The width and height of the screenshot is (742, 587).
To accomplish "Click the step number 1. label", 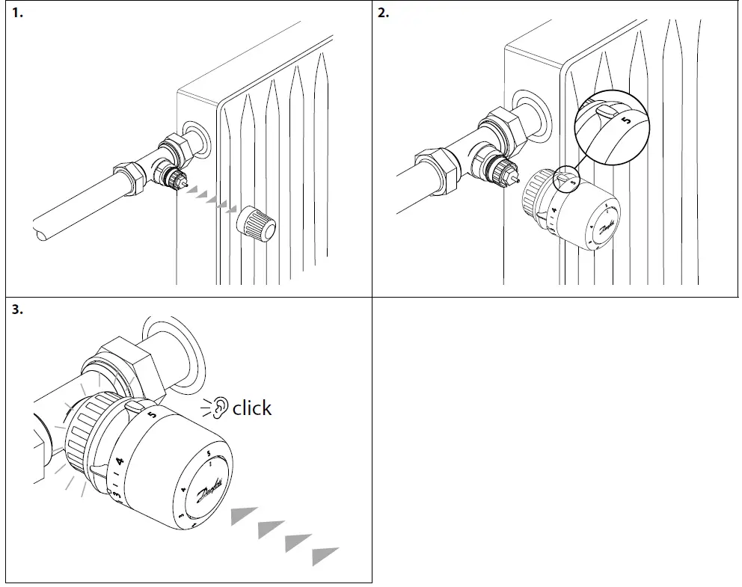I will tap(17, 13).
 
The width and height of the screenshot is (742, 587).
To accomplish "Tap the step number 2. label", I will tap(384, 13).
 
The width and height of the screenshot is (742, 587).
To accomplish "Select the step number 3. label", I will tap(17, 310).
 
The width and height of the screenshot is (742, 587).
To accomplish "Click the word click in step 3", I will tap(252, 408).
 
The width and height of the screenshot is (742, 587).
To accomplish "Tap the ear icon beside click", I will tap(218, 408).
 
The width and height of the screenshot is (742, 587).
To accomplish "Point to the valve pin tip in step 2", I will tap(517, 180).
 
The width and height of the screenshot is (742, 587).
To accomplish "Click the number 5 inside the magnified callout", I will tap(626, 117).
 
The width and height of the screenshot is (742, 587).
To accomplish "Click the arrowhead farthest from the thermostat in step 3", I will tap(325, 556).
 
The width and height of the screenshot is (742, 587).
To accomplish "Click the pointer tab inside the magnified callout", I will tap(605, 111).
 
